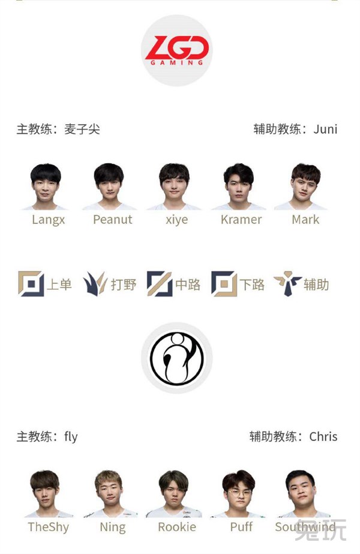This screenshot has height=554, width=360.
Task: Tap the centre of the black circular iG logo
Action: (x=176, y=358)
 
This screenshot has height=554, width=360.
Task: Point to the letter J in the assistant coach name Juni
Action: (x=316, y=129)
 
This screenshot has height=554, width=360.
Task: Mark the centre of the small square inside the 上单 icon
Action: (x=31, y=283)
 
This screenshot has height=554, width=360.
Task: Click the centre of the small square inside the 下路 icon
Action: (x=224, y=283)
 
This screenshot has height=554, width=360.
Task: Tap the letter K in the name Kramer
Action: (x=224, y=220)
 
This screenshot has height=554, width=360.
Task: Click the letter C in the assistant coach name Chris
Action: (x=313, y=437)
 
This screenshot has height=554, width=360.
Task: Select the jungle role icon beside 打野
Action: (x=95, y=284)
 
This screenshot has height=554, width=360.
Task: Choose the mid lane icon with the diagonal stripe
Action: (x=160, y=284)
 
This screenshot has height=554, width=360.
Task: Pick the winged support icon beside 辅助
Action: (x=287, y=284)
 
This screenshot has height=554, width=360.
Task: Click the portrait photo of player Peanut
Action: (x=109, y=187)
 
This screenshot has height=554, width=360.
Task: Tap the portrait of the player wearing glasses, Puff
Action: (x=239, y=494)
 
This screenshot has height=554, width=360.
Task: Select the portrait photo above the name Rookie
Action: (x=174, y=494)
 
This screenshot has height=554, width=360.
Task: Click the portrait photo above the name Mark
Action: (x=302, y=187)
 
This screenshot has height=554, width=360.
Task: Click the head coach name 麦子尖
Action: (x=82, y=129)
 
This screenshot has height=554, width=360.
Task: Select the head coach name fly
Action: (x=71, y=437)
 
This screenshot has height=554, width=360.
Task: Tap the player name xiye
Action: (x=176, y=220)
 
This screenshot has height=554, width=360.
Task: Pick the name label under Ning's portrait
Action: (x=113, y=527)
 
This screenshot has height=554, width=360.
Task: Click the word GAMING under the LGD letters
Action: (x=176, y=63)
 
